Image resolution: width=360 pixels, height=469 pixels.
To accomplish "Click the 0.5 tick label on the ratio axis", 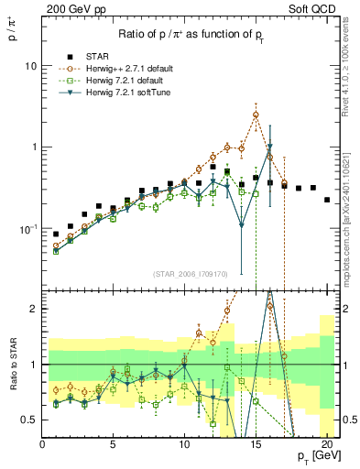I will click(x=29, y=420).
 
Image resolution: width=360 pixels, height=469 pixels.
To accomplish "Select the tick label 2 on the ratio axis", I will click(x=34, y=310).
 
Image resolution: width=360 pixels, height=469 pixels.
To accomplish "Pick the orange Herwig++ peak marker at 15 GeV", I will click(x=256, y=115).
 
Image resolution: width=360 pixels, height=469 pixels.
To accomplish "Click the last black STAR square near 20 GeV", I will click(x=327, y=200).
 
